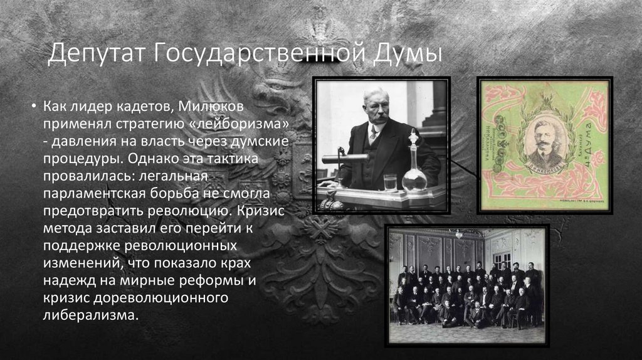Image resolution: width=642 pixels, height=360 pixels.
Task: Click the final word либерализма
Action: tap(88, 313)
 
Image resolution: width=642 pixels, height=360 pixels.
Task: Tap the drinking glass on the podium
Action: tap(390, 182)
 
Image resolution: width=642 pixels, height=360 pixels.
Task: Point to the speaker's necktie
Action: tap(374, 134)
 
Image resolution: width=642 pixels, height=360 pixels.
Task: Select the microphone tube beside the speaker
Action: tap(345, 159)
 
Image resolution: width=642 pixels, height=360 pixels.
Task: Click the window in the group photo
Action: tap(501, 257)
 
